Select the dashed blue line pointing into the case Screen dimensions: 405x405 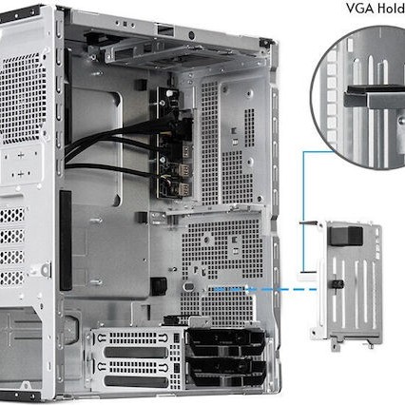257,286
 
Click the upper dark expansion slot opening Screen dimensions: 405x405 132,352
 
